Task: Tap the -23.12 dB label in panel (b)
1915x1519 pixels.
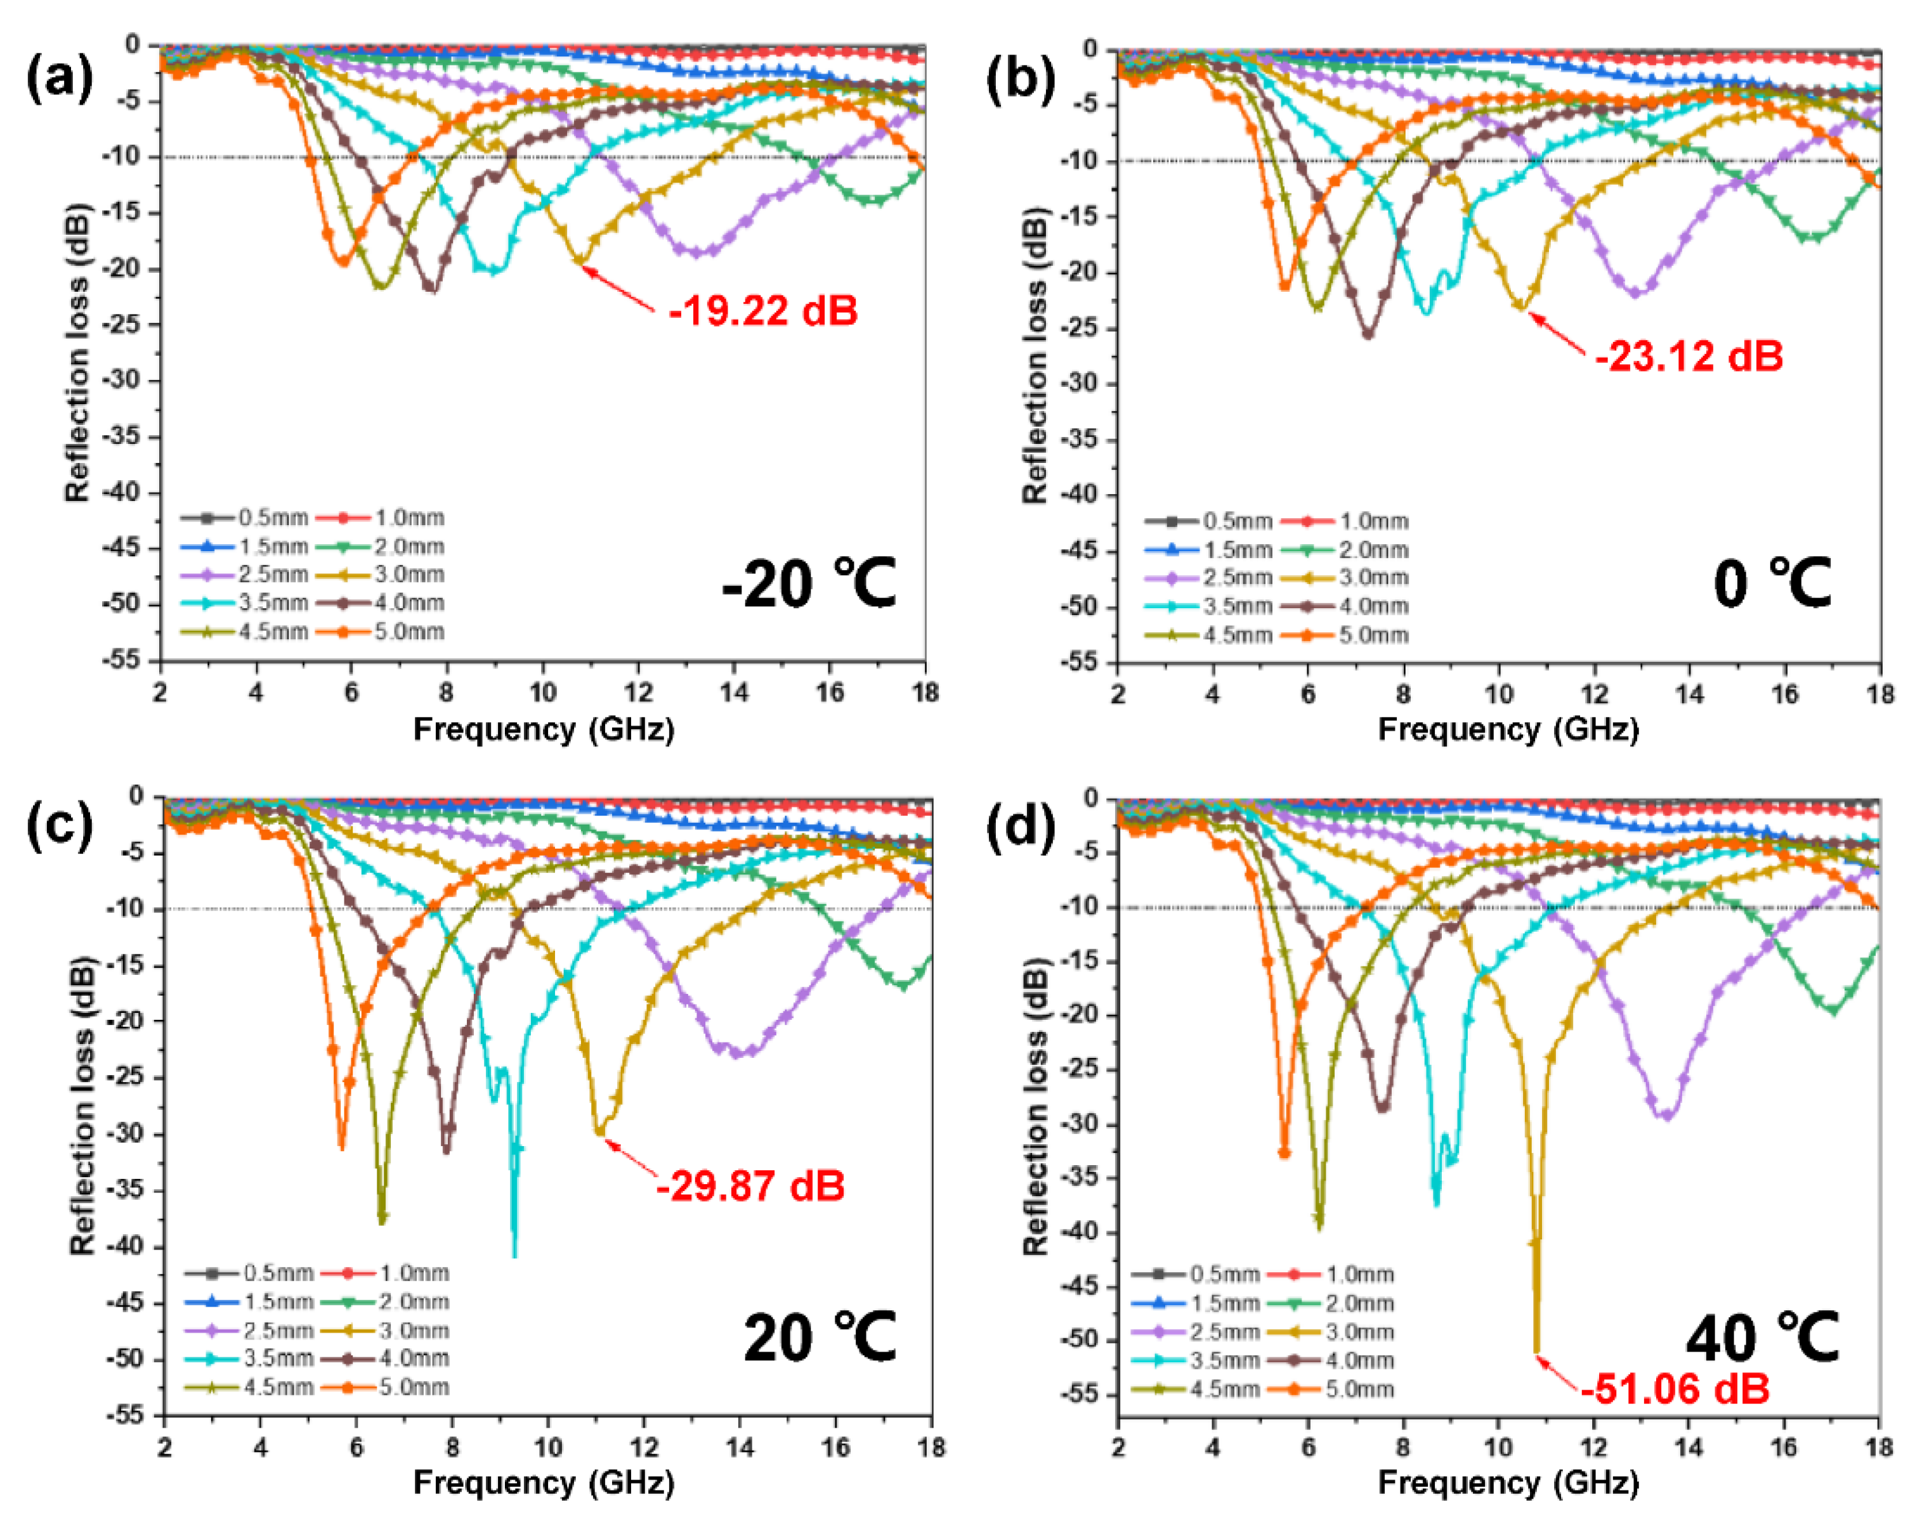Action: point(1689,356)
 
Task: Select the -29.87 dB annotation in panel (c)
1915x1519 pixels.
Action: point(750,1186)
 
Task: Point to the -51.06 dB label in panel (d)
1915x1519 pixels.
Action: point(1675,1388)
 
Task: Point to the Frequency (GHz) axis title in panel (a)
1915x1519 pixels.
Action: point(544,729)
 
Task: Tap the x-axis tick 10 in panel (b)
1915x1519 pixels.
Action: point(1500,694)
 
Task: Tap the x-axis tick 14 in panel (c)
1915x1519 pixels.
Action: point(740,1447)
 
